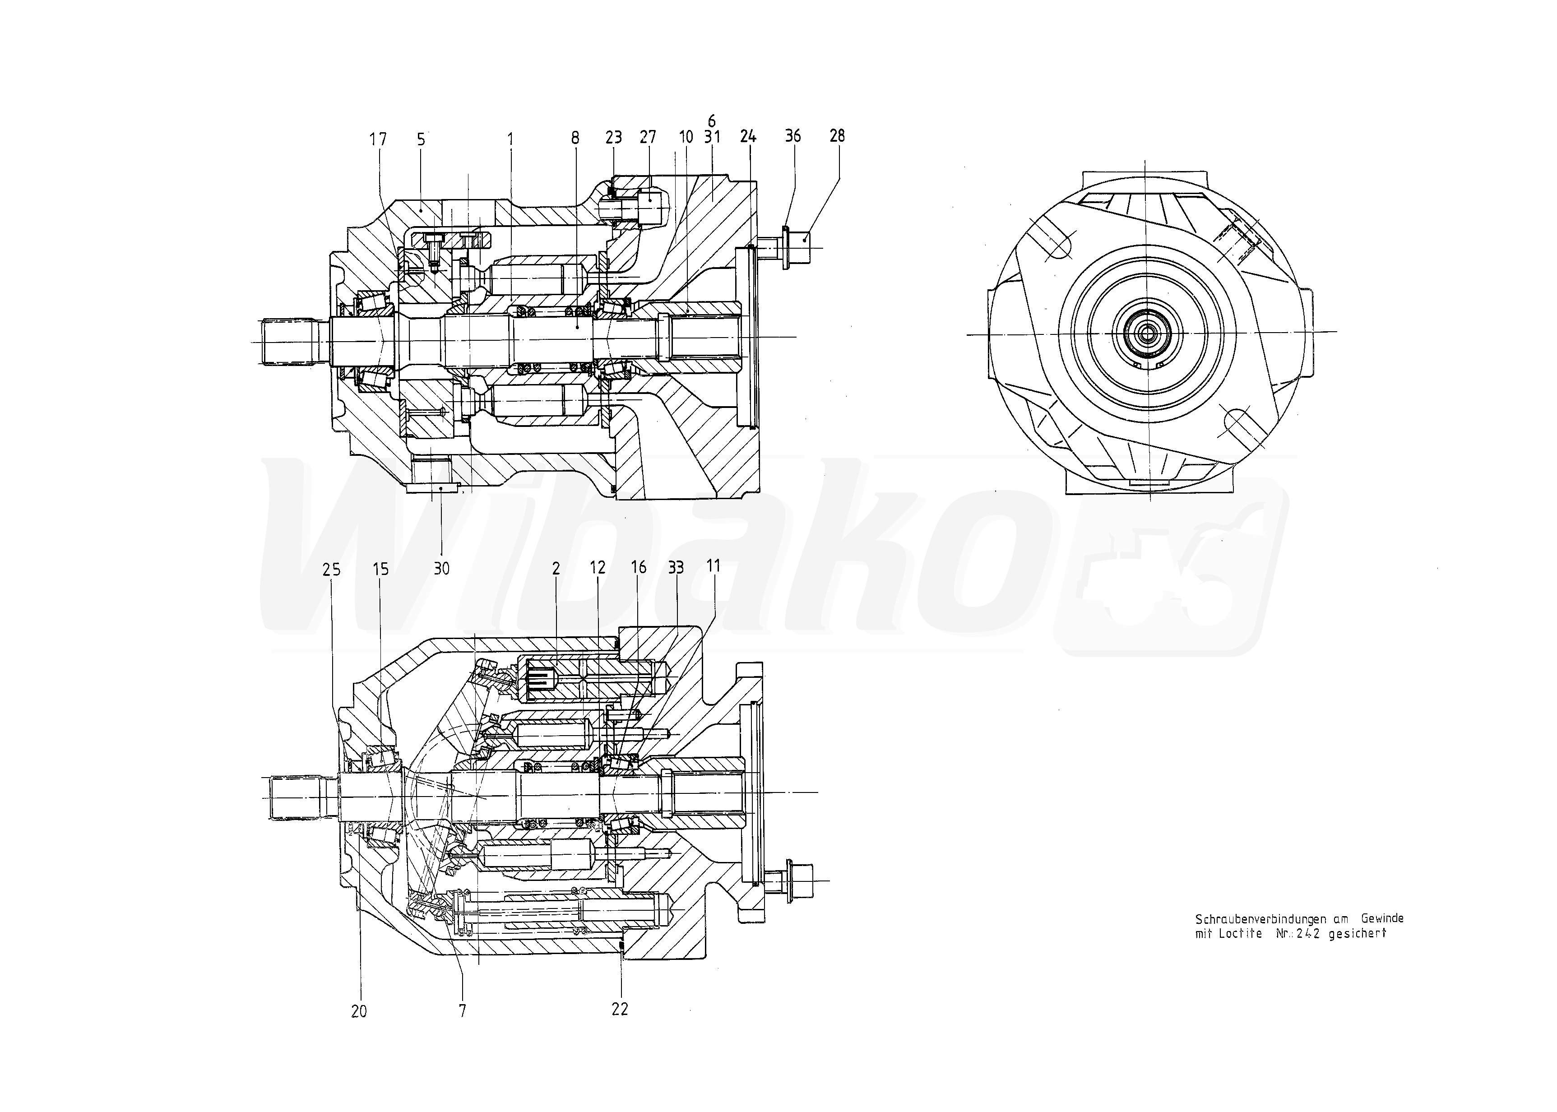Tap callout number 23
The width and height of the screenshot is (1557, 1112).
[613, 137]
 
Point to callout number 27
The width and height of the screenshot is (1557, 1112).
[648, 137]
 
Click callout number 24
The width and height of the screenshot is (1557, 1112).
[748, 136]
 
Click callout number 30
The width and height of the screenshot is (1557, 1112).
[442, 568]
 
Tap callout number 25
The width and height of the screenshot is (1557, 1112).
[331, 569]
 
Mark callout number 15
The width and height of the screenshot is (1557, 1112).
[381, 569]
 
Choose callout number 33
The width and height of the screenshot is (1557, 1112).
[676, 568]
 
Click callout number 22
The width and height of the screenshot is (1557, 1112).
[620, 1009]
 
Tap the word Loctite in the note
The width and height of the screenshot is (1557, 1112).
[1240, 933]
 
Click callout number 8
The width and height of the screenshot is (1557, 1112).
[575, 138]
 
